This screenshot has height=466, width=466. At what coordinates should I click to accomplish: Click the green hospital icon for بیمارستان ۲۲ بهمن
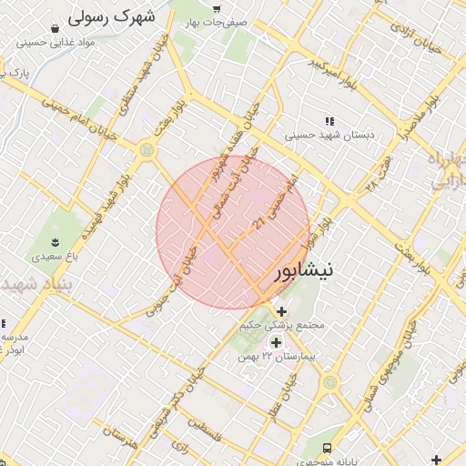(276, 342)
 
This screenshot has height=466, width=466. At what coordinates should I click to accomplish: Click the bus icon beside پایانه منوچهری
(327, 448)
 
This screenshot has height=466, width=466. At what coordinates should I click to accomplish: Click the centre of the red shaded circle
(233, 233)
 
